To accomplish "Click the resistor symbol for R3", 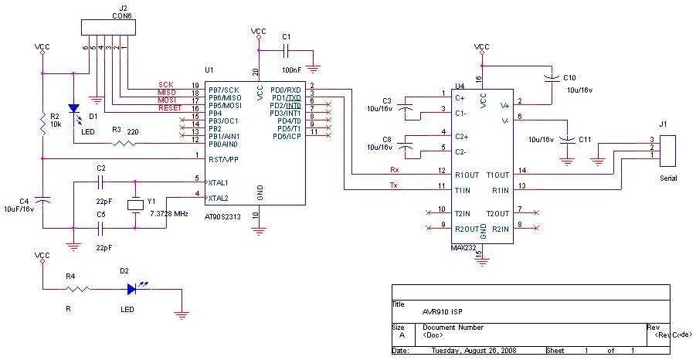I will (122, 143).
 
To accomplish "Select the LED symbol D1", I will (73, 109).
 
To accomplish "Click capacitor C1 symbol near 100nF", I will (286, 51).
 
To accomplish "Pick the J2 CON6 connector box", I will (110, 28).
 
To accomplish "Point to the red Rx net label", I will (393, 169).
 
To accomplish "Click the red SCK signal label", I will (165, 84).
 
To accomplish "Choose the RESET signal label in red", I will (170, 108).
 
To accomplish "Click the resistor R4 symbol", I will (76, 289).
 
